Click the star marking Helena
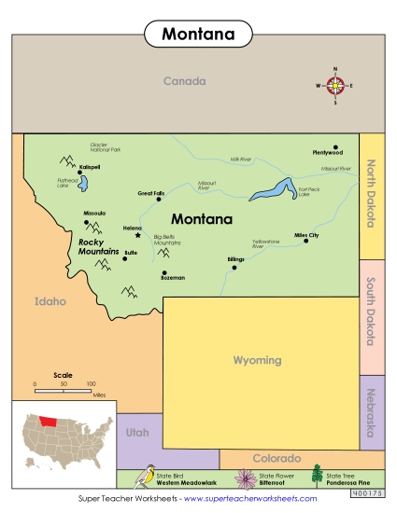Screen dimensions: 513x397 138,235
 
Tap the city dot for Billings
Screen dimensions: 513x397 234,267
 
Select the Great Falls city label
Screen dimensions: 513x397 149,193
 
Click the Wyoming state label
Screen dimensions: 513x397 256,360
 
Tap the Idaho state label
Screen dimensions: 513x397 50,301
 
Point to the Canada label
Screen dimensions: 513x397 184,81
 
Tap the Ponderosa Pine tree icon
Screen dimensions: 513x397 317,476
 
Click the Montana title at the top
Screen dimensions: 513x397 198,35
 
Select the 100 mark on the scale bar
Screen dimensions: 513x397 91,383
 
